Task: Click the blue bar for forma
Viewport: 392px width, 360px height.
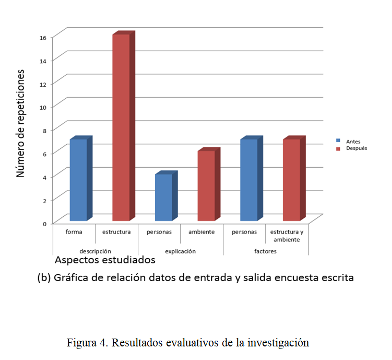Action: point(78,180)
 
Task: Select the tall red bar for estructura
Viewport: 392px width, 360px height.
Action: point(121,127)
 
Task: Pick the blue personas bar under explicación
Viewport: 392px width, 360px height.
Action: point(163,198)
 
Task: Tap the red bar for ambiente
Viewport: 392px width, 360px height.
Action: point(206,185)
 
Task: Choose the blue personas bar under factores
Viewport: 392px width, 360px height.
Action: point(248,180)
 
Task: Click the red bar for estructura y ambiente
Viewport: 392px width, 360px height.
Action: point(291,180)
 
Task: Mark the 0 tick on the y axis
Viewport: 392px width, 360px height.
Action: point(44,223)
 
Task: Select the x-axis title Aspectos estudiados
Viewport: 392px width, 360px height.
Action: point(105,260)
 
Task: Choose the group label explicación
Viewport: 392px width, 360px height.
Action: point(180,251)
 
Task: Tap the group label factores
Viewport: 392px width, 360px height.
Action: point(266,251)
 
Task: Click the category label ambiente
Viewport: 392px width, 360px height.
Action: point(202,231)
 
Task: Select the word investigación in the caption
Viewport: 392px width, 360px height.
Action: point(279,343)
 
